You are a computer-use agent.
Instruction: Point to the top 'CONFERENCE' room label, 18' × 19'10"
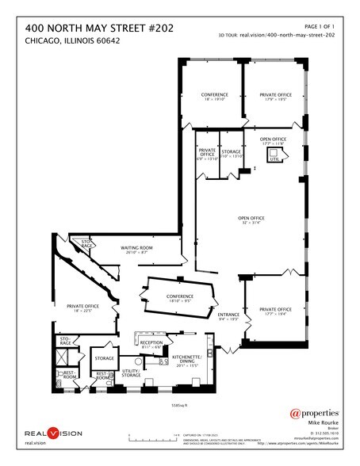pos(209,97)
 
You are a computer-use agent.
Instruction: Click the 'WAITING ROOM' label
pos(136,248)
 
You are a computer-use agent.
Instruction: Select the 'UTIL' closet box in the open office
pos(276,159)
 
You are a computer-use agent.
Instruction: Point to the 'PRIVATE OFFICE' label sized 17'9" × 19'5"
pos(275,97)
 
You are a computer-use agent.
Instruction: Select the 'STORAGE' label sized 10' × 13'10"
pos(231,152)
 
